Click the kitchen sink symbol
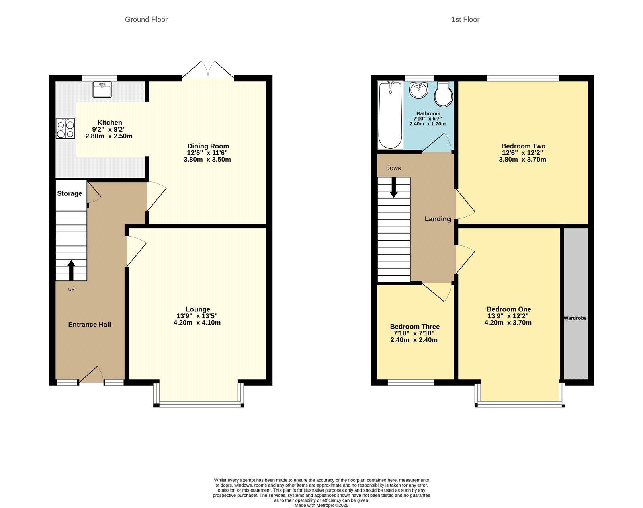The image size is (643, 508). [x=102, y=90]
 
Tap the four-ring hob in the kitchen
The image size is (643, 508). [x=65, y=129]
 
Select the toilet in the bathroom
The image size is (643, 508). [x=444, y=95]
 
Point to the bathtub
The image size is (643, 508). [x=390, y=115]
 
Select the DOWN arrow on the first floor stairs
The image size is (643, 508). [x=394, y=187]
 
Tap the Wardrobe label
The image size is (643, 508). [x=575, y=318]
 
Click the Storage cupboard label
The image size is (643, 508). [x=70, y=193]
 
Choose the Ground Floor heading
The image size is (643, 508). [x=146, y=19]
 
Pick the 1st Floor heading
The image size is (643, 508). [x=465, y=19]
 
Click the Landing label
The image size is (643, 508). [x=438, y=219]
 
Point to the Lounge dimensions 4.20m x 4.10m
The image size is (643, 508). [x=197, y=323]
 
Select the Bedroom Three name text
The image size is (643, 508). [x=415, y=327]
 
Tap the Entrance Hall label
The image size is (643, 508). [x=89, y=325]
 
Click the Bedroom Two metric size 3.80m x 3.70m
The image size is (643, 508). [x=522, y=160]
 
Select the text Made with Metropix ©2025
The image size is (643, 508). [x=321, y=505]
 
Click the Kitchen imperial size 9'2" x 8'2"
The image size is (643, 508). [x=109, y=130]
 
